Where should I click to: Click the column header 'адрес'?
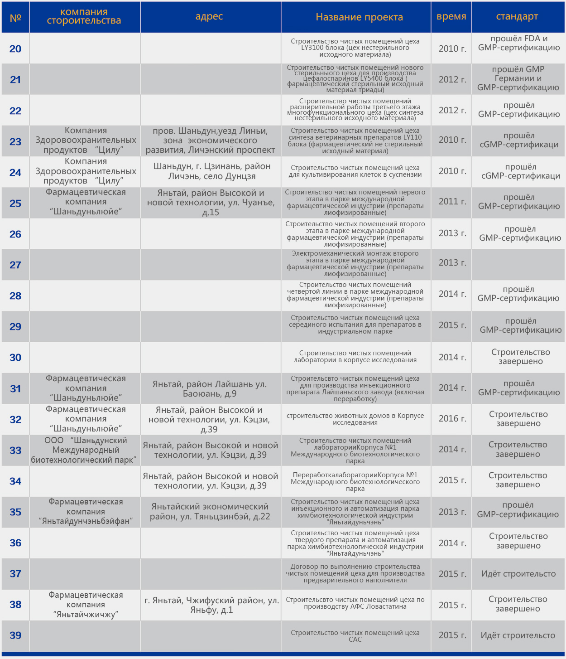tap(209, 17)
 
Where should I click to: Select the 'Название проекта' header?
tap(359, 17)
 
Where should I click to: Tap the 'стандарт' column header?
tap(517, 17)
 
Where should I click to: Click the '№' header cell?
tap(15, 18)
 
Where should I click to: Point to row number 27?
tap(15, 265)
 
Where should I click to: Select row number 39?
tap(15, 635)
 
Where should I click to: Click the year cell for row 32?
tap(452, 418)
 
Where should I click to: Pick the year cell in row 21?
tap(452, 79)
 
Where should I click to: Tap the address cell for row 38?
tap(211, 605)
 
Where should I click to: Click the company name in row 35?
tap(86, 511)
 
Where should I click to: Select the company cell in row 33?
tap(85, 450)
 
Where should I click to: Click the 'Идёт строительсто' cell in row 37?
tap(518, 574)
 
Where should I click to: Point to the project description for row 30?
tap(355, 356)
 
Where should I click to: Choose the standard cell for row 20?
tap(519, 43)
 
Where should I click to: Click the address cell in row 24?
tap(211, 171)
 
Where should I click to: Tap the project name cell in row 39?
tap(355, 635)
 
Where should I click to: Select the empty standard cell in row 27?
tap(518, 265)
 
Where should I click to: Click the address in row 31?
tap(210, 388)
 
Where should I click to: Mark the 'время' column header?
tap(451, 17)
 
